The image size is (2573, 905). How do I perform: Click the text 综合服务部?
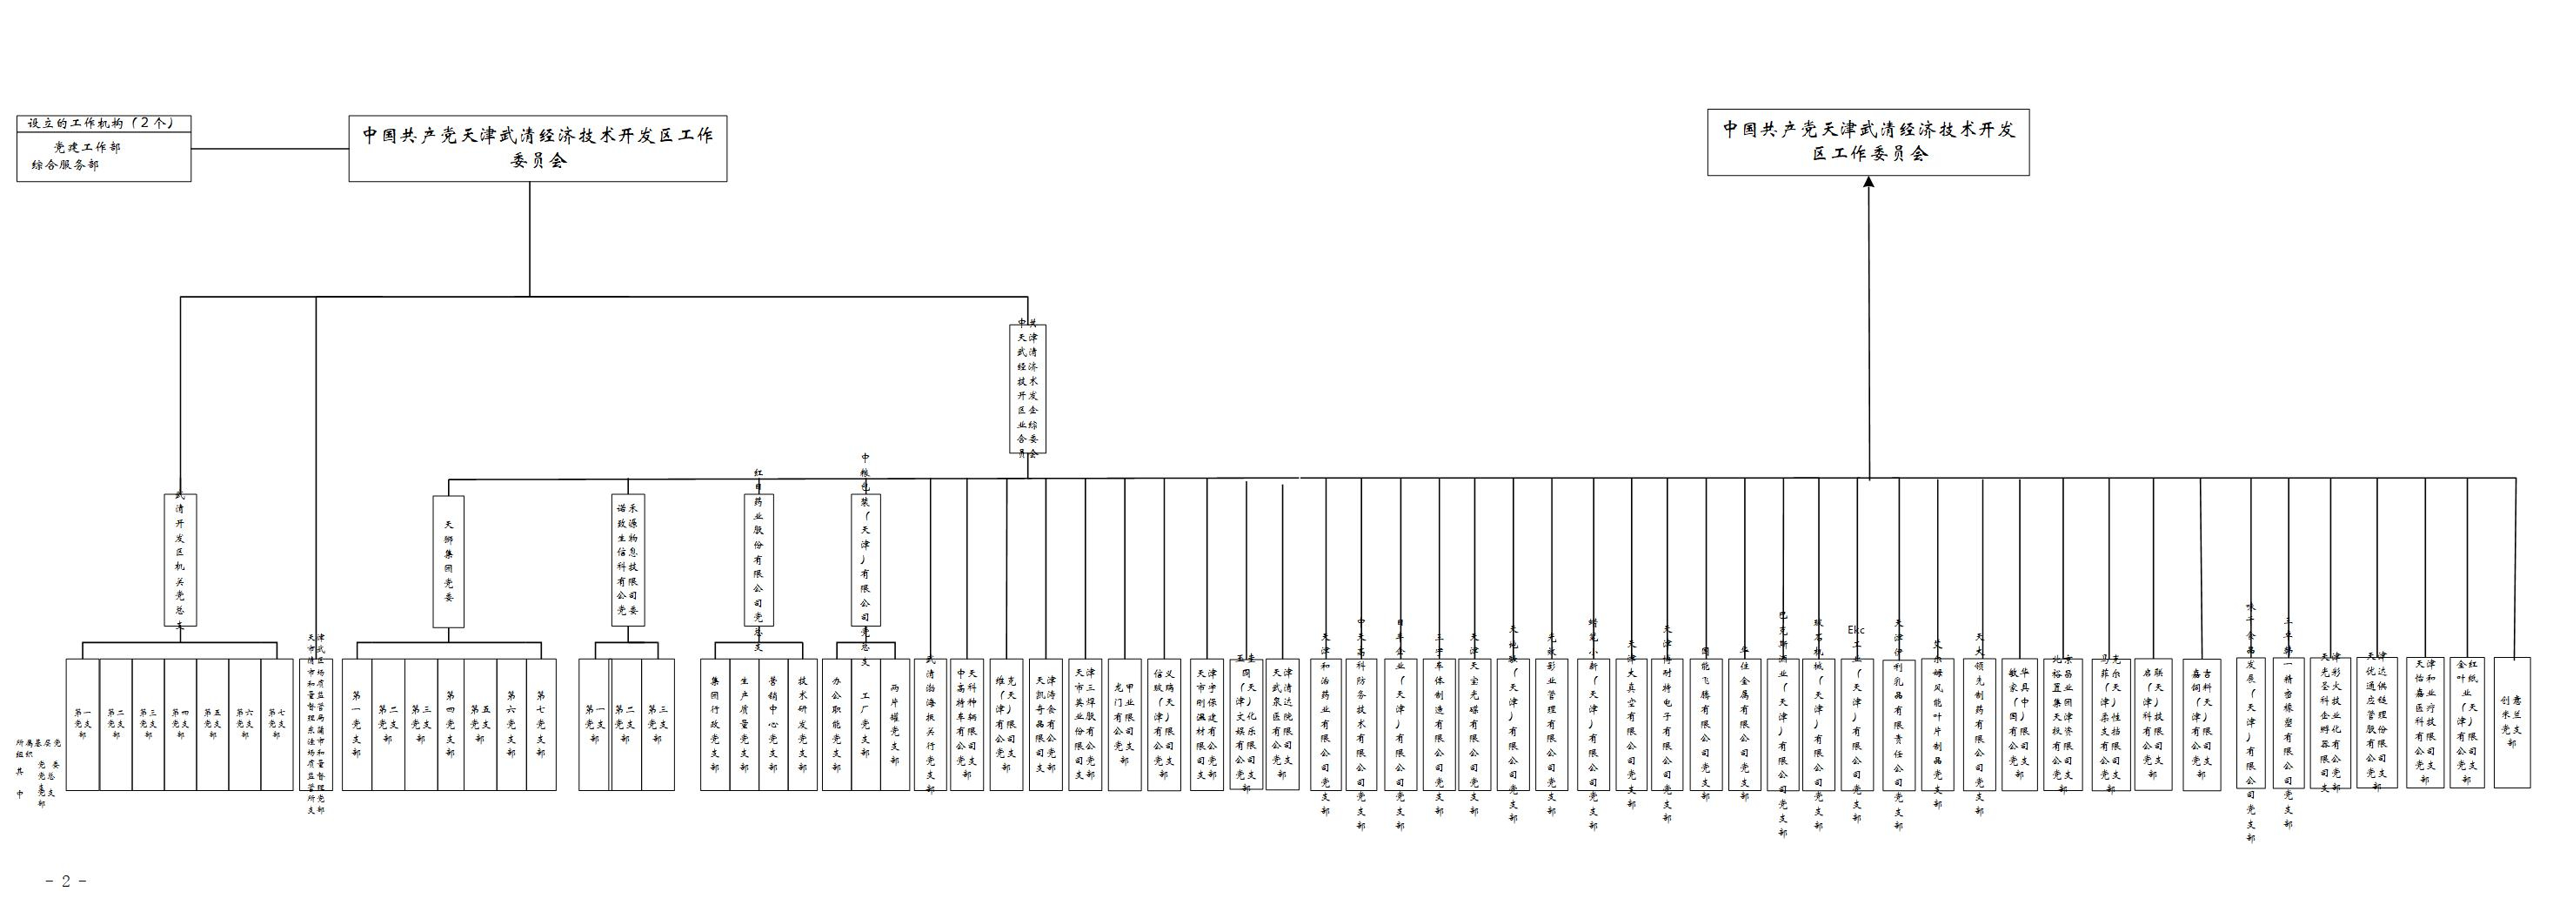65,164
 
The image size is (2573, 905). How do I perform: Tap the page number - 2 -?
66,881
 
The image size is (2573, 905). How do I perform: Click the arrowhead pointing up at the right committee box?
1868,183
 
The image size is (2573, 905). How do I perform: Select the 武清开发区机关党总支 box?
180,560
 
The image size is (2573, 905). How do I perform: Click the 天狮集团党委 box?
449,560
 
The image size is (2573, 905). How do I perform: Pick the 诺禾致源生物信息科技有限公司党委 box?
628,559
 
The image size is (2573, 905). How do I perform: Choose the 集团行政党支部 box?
714,724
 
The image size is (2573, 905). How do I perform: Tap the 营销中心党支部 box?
772,724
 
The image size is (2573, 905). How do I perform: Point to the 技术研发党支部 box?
802,724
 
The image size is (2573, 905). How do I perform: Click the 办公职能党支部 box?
836,724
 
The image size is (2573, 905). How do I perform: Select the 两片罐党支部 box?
895,724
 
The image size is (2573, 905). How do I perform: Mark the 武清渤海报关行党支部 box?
931,724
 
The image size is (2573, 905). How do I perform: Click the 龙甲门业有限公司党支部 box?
1124,724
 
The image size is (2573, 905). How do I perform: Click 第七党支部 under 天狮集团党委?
541,724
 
